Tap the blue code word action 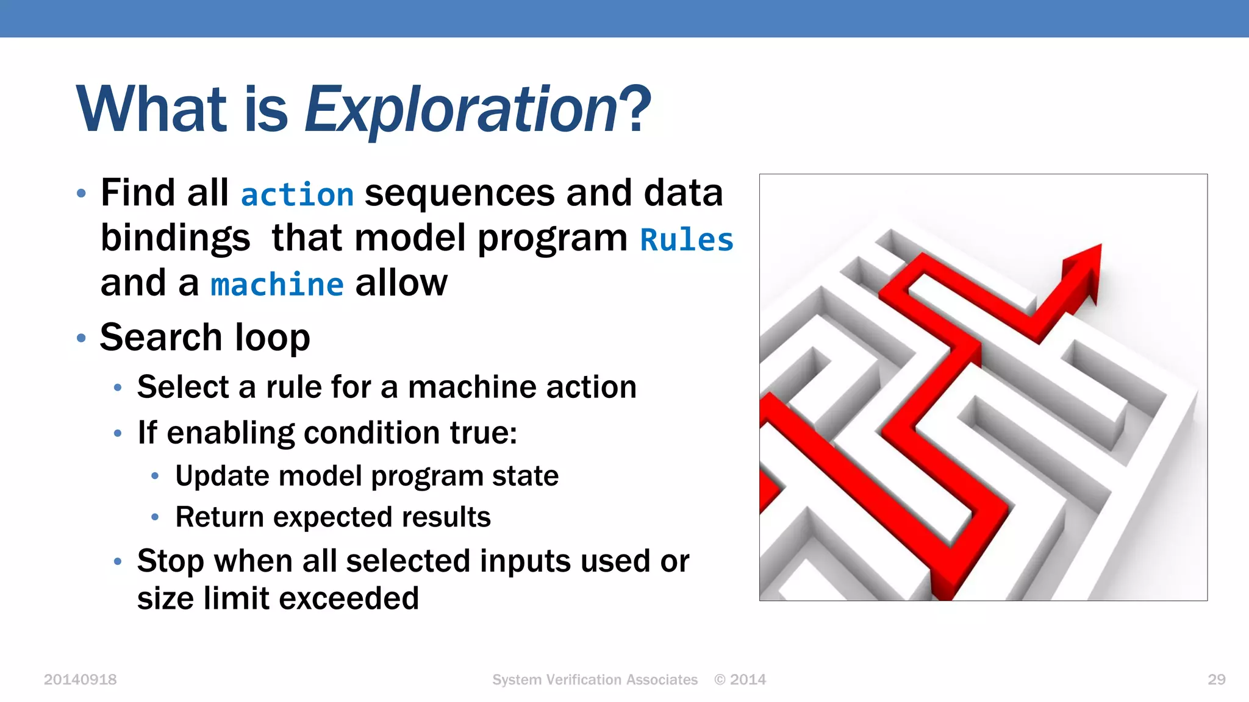point(297,195)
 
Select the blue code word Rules point(687,239)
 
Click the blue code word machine point(277,285)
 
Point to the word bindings point(175,238)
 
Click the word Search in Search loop point(161,337)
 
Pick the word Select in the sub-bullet point(183,387)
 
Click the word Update point(221,476)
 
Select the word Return point(220,517)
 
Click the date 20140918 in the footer point(80,679)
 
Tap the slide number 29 point(1216,679)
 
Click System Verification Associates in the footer point(595,679)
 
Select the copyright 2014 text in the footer point(740,679)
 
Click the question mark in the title point(638,110)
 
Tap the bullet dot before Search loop point(81,338)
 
